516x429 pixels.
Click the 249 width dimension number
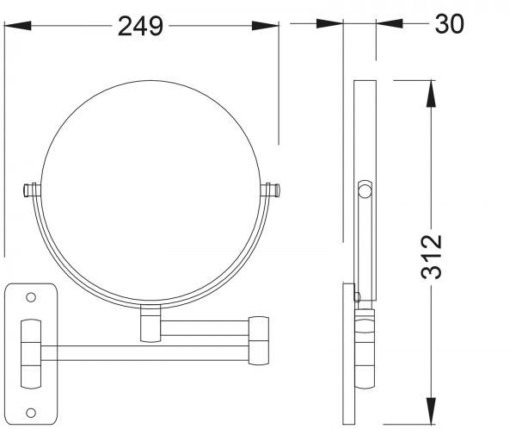140,26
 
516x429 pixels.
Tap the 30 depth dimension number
449,23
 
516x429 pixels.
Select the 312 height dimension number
432,257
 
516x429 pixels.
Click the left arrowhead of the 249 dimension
18,26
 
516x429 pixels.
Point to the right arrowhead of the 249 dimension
265,26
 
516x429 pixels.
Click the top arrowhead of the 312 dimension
431,94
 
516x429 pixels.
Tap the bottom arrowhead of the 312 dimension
431,411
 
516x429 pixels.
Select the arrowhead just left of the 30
390,23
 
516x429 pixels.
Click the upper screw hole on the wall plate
31,297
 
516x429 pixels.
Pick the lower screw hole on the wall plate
31,413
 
